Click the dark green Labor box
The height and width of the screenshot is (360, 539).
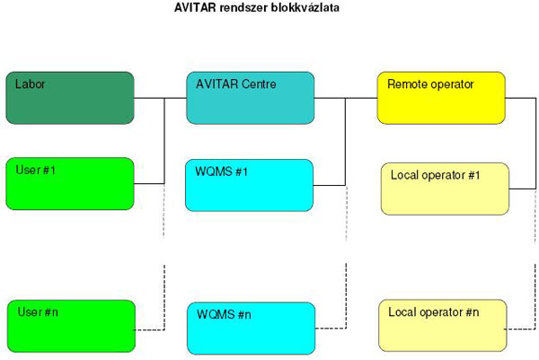point(70,98)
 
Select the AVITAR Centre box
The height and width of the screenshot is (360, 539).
point(251,98)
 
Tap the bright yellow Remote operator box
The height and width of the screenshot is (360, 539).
point(441,98)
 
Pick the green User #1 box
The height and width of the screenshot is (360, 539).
point(70,184)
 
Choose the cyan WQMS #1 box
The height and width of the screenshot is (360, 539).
point(249,186)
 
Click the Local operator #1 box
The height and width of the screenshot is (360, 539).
point(445,189)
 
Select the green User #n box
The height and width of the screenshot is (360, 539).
point(71,327)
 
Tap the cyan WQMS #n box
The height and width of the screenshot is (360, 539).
point(252,329)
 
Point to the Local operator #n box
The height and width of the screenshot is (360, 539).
point(443,326)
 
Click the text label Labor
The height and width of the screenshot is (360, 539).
point(30,84)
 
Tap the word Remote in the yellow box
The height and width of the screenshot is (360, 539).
point(406,84)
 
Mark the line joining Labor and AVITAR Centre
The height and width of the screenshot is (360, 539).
point(160,98)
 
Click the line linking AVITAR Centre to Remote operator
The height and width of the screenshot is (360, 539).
point(346,98)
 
